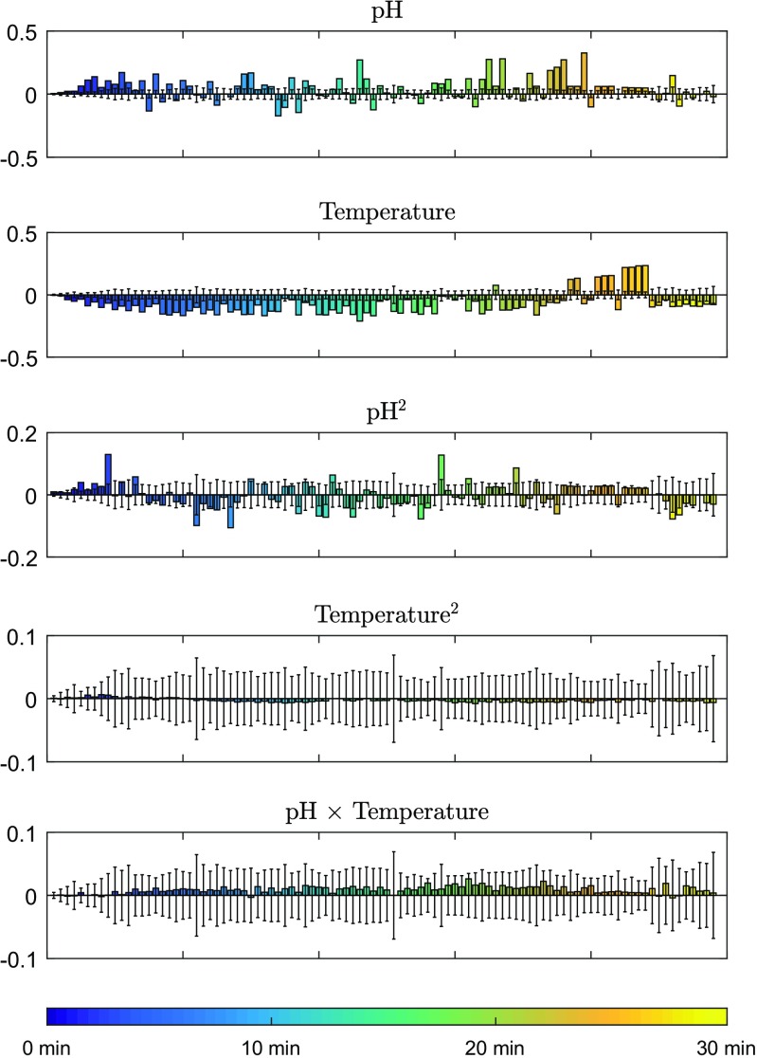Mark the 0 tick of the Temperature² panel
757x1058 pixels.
(30, 699)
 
